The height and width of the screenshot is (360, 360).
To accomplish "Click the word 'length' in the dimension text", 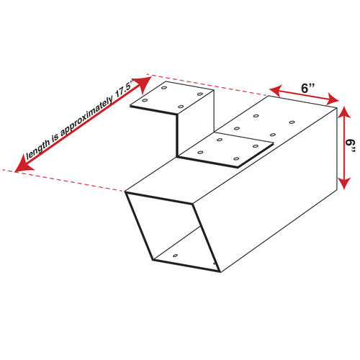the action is pyautogui.click(x=38, y=148).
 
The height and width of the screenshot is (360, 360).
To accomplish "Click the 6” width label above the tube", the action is pyautogui.click(x=308, y=88).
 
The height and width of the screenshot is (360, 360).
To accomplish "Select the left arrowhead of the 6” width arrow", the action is pyautogui.click(x=276, y=90).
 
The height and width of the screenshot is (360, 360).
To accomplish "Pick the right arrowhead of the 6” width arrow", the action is pyautogui.click(x=333, y=99).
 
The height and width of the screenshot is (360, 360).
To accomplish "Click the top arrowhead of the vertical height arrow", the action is pyautogui.click(x=344, y=113).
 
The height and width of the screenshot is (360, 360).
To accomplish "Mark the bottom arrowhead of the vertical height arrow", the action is pyautogui.click(x=344, y=183).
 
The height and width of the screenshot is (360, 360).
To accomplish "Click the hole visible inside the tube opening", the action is pyautogui.click(x=176, y=256).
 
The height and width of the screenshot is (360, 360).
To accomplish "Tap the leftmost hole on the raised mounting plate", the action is pyautogui.click(x=144, y=100).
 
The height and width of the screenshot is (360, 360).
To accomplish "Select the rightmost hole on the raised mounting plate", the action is pyautogui.click(x=200, y=94).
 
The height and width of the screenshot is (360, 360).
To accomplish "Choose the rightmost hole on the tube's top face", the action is pyautogui.click(x=292, y=122).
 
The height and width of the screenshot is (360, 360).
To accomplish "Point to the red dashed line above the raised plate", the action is pyautogui.click(x=207, y=85).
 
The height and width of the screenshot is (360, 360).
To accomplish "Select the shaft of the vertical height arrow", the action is pyautogui.click(x=344, y=148).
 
